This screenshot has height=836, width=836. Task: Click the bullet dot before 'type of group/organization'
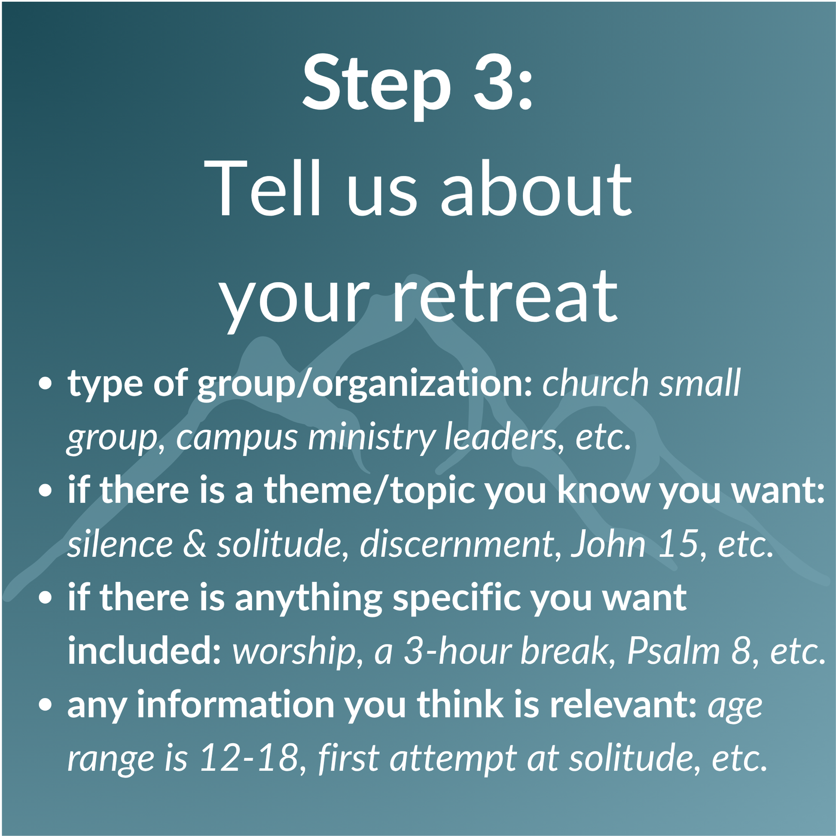(x=45, y=383)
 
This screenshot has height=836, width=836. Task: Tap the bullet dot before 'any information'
(x=45, y=705)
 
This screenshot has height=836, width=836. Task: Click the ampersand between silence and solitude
(x=194, y=544)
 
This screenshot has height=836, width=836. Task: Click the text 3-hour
(x=460, y=651)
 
